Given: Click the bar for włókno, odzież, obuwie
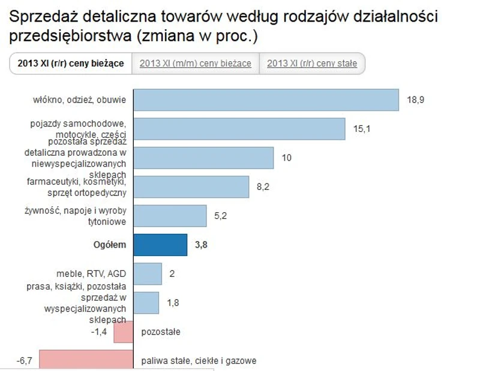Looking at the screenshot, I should pyautogui.click(x=266, y=100).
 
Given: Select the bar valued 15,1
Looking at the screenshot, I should pyautogui.click(x=239, y=129).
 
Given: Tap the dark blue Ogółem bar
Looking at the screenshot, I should pyautogui.click(x=160, y=245).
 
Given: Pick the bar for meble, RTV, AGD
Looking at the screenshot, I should pyautogui.click(x=148, y=274).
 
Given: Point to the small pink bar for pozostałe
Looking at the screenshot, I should pyautogui.click(x=123, y=331).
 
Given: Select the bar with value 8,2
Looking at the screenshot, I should pyautogui.click(x=191, y=186).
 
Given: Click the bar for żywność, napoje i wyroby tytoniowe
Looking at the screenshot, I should pyautogui.click(x=170, y=216).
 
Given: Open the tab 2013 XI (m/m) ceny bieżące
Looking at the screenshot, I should pyautogui.click(x=196, y=64).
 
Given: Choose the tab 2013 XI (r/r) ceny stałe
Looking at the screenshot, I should pyautogui.click(x=312, y=64).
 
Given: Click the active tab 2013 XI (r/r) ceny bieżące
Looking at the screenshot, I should pyautogui.click(x=71, y=64).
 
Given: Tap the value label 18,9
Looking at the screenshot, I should pyautogui.click(x=416, y=100).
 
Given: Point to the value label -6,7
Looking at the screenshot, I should pyautogui.click(x=25, y=361).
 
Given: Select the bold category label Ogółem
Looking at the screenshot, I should pyautogui.click(x=110, y=245).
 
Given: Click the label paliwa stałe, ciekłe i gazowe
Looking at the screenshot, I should pyautogui.click(x=199, y=361).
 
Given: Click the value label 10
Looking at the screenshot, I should pyautogui.click(x=287, y=158).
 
